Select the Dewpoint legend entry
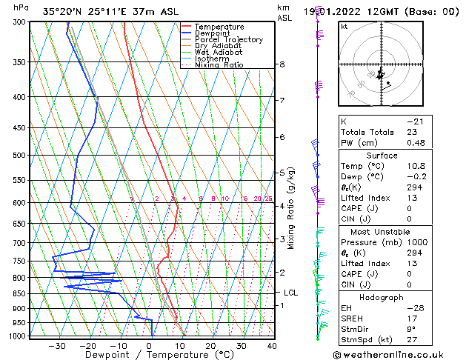pos(212,33)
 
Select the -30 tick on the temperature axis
pos(57,345)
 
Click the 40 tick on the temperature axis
pos(272,345)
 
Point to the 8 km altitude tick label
pos(282,65)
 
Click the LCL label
pos(290,293)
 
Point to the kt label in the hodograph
pos(344,27)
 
